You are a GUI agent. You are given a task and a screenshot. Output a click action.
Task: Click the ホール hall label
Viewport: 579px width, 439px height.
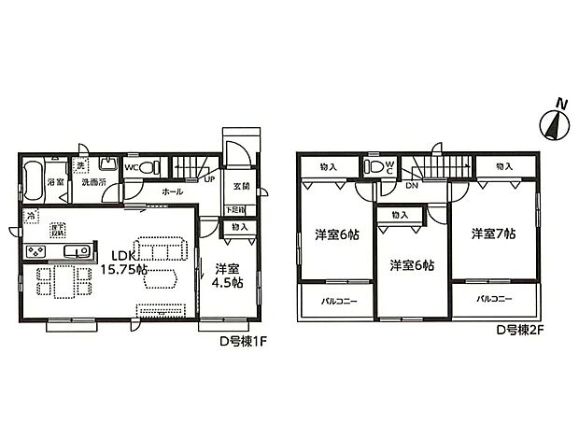click(172, 191)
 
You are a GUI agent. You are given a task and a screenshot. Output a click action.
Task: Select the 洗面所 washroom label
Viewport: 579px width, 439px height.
click(91, 181)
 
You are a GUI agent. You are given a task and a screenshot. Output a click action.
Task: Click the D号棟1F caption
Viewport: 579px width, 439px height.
click(244, 341)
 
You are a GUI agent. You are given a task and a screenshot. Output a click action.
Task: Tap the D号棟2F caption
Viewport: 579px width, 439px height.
click(519, 331)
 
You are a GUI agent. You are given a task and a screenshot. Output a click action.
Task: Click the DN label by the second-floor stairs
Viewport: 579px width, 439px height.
click(411, 186)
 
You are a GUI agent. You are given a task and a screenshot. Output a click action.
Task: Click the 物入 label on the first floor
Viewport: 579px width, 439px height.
click(239, 227)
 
